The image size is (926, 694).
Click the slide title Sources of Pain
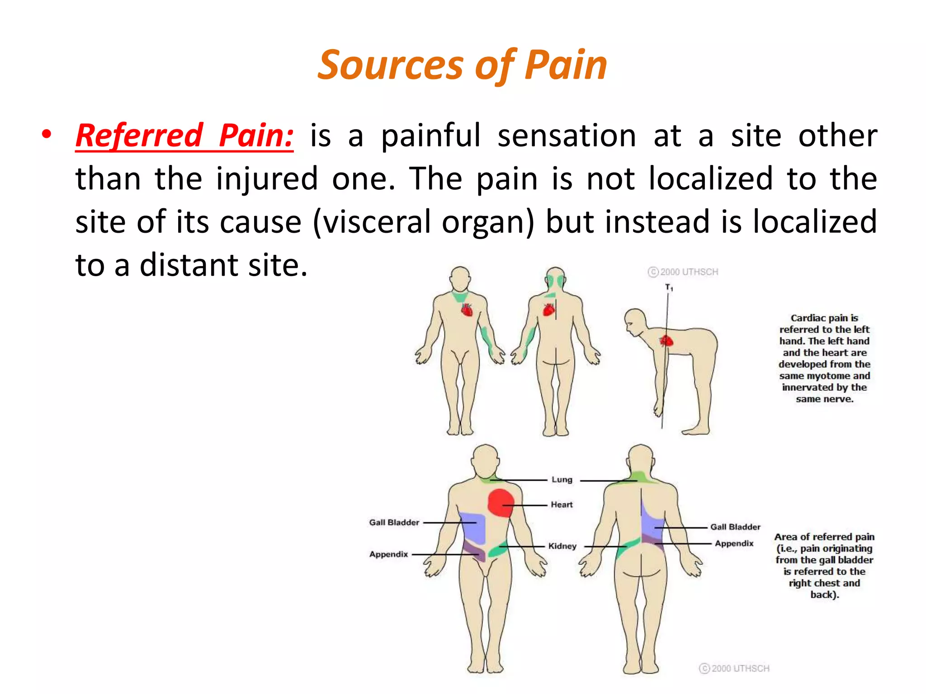pos(462,66)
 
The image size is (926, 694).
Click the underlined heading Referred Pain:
pos(184,136)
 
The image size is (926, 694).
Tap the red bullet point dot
pos(46,134)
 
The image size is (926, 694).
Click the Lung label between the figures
pos(562,479)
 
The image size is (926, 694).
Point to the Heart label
pos(561,504)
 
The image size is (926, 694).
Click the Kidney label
pos(562,546)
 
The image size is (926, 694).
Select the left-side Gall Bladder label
pos(394,522)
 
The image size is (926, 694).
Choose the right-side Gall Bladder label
pos(735,527)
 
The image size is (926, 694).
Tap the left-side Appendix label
pos(388,554)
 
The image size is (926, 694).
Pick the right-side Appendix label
pos(734,543)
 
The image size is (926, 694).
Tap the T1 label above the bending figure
pos(669,287)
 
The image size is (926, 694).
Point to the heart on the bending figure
pos(666,341)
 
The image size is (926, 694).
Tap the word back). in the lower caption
pos(824,595)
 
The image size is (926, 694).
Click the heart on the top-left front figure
pos(467,310)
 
